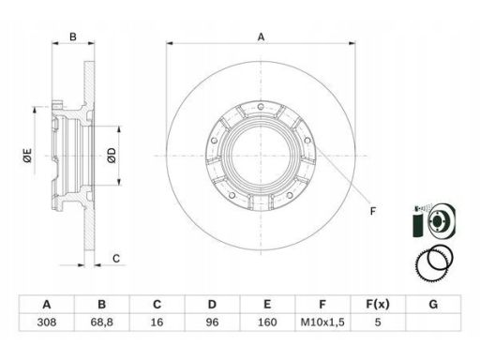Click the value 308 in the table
pyautogui.click(x=47, y=322)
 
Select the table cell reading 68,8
pyautogui.click(x=102, y=322)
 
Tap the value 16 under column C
pyautogui.click(x=157, y=322)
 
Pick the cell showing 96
pyautogui.click(x=212, y=322)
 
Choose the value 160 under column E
pyautogui.click(x=267, y=322)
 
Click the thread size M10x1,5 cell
pyautogui.click(x=322, y=322)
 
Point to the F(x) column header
pyautogui.click(x=378, y=304)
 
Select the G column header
pyautogui.click(x=433, y=304)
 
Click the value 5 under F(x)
pyautogui.click(x=378, y=322)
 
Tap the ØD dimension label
pyautogui.click(x=112, y=156)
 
